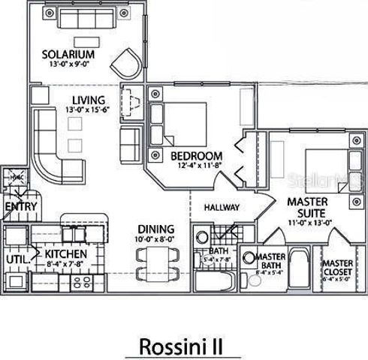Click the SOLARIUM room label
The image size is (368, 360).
(68, 55)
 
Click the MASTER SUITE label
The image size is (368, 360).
(309, 206)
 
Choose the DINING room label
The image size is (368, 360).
(155, 229)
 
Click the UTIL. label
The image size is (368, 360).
(17, 259)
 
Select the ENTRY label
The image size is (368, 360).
(20, 206)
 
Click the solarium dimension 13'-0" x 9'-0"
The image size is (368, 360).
(68, 65)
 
